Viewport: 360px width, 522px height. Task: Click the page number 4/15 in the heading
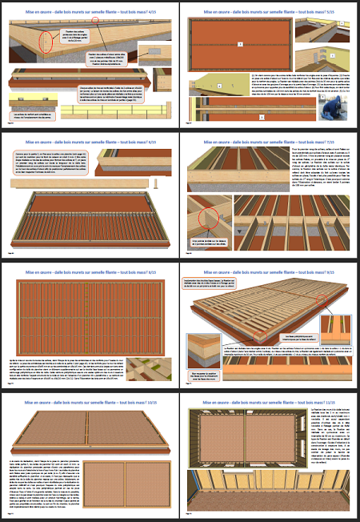pos(158,12)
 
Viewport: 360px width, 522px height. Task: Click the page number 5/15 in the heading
pos(340,12)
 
